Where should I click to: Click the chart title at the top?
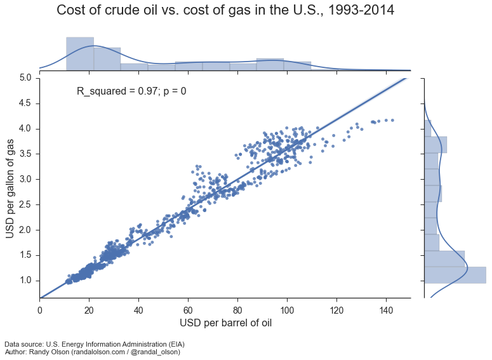[225, 10]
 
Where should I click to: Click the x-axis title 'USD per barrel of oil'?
[225, 323]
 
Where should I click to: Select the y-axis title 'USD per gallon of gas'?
[11, 188]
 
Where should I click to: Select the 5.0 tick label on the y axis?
[25, 78]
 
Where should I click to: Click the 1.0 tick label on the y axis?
[25, 281]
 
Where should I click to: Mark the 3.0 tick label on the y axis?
[25, 179]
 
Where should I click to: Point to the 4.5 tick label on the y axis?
[25, 103]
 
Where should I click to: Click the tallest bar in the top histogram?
[80, 53]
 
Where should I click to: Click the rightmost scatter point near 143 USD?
[393, 119]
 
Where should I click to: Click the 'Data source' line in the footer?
[86, 344]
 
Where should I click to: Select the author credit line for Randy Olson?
[92, 352]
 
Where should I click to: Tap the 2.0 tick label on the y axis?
[25, 230]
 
